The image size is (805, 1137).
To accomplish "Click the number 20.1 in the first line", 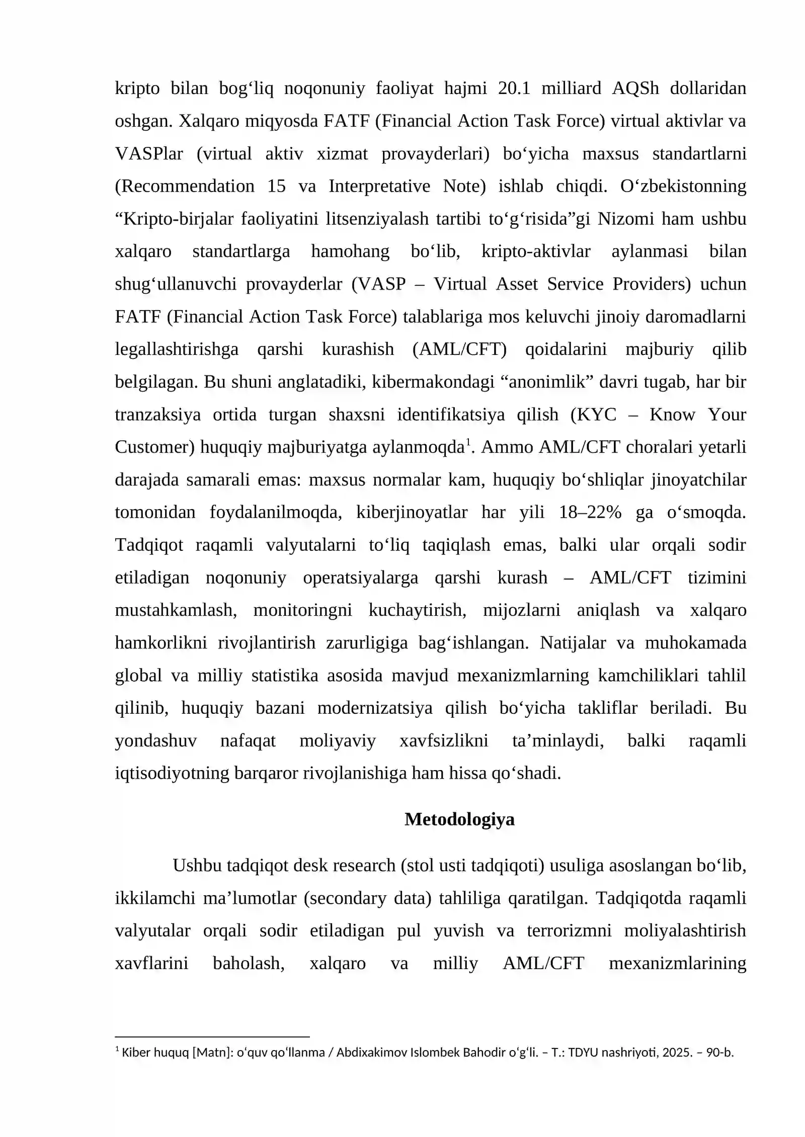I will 514,88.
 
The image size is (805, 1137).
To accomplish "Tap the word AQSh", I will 635,88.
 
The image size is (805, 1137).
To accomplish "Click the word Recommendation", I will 185,186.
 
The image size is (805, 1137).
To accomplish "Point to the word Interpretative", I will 379,186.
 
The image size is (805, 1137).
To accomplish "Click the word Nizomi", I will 623,219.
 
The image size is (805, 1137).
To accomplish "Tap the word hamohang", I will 350,251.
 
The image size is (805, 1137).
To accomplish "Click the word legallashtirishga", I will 177,349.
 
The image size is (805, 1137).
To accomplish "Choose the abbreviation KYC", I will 597,415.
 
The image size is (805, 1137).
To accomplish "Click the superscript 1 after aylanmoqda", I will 468,442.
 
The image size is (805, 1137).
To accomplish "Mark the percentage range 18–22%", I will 590,512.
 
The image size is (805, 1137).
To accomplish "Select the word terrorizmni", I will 569,931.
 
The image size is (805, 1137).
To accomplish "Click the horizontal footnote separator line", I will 212,1036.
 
